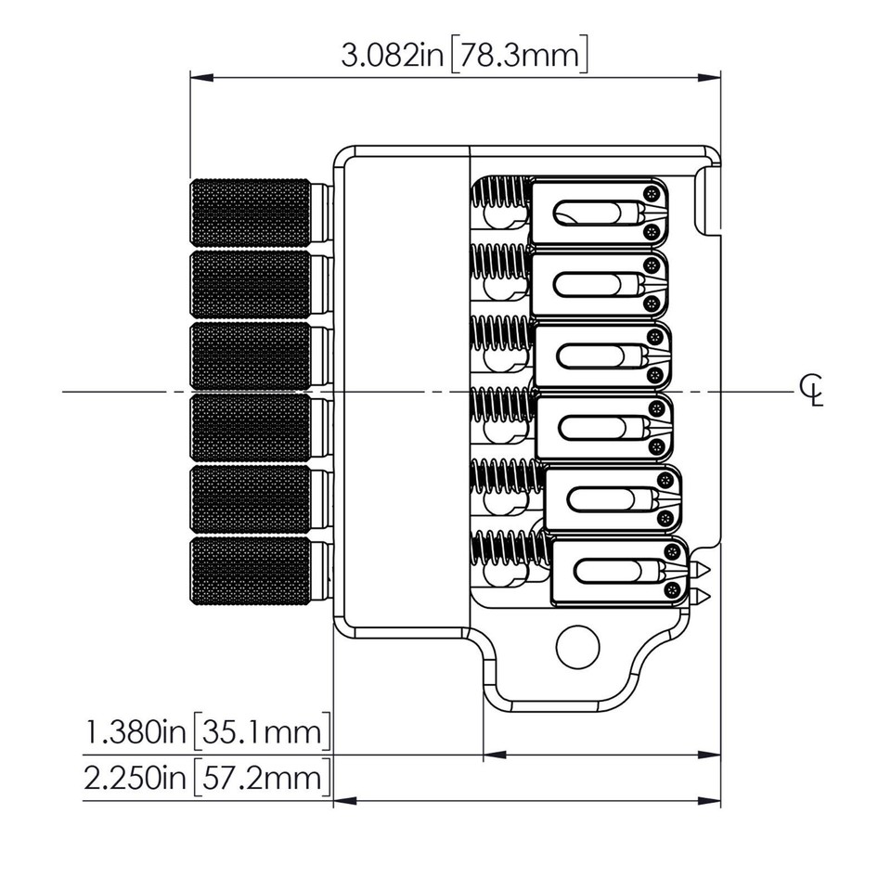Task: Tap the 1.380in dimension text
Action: [136, 734]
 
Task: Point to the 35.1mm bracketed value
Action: [262, 734]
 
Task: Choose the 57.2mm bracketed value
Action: [262, 778]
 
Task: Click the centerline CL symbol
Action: [811, 392]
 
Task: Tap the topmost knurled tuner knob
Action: [251, 212]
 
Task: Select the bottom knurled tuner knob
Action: [251, 572]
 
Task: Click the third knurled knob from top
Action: [251, 355]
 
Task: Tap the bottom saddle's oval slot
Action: [614, 570]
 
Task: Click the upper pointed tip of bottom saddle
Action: [703, 568]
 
